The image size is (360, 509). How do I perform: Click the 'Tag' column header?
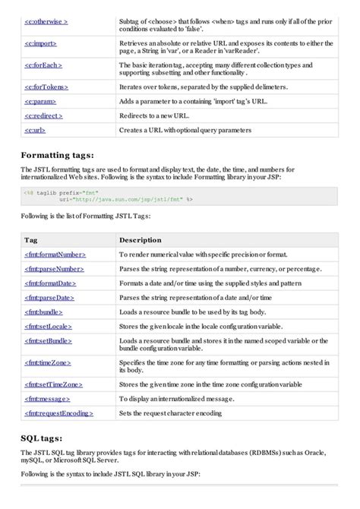pyautogui.click(x=31, y=240)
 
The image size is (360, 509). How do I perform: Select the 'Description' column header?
pyautogui.click(x=141, y=240)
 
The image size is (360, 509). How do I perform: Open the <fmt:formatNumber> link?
pyautogui.click(x=55, y=254)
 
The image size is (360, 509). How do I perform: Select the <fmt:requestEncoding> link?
pyautogui.click(x=59, y=413)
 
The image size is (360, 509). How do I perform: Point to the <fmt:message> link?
pyautogui.click(x=49, y=399)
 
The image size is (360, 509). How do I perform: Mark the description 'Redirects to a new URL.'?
pyautogui.click(x=158, y=115)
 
